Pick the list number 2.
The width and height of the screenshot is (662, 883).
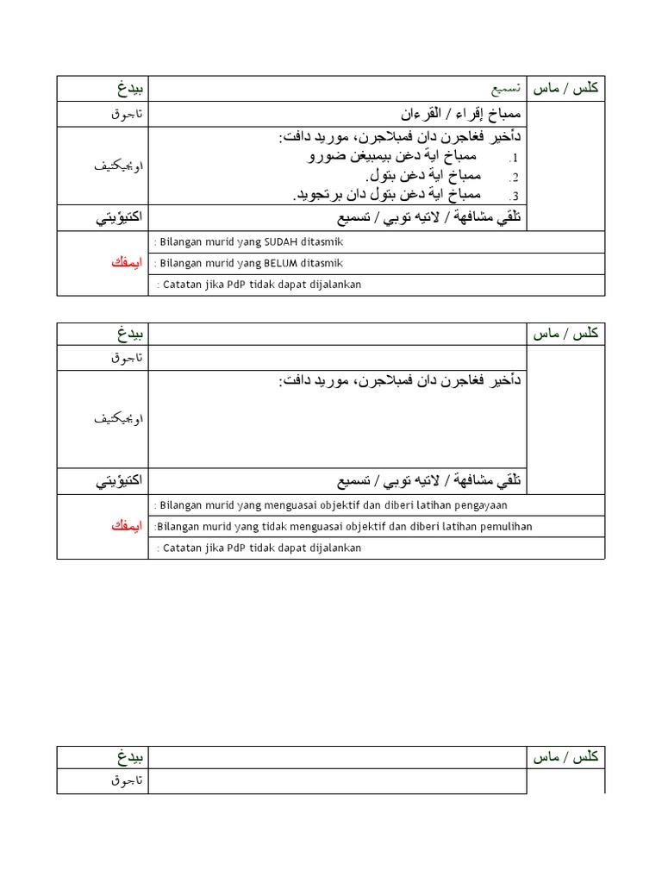click(x=514, y=177)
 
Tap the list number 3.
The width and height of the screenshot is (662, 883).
click(x=514, y=196)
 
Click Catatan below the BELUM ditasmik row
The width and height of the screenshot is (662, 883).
click(x=180, y=285)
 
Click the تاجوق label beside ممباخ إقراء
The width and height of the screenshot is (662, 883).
click(x=128, y=115)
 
